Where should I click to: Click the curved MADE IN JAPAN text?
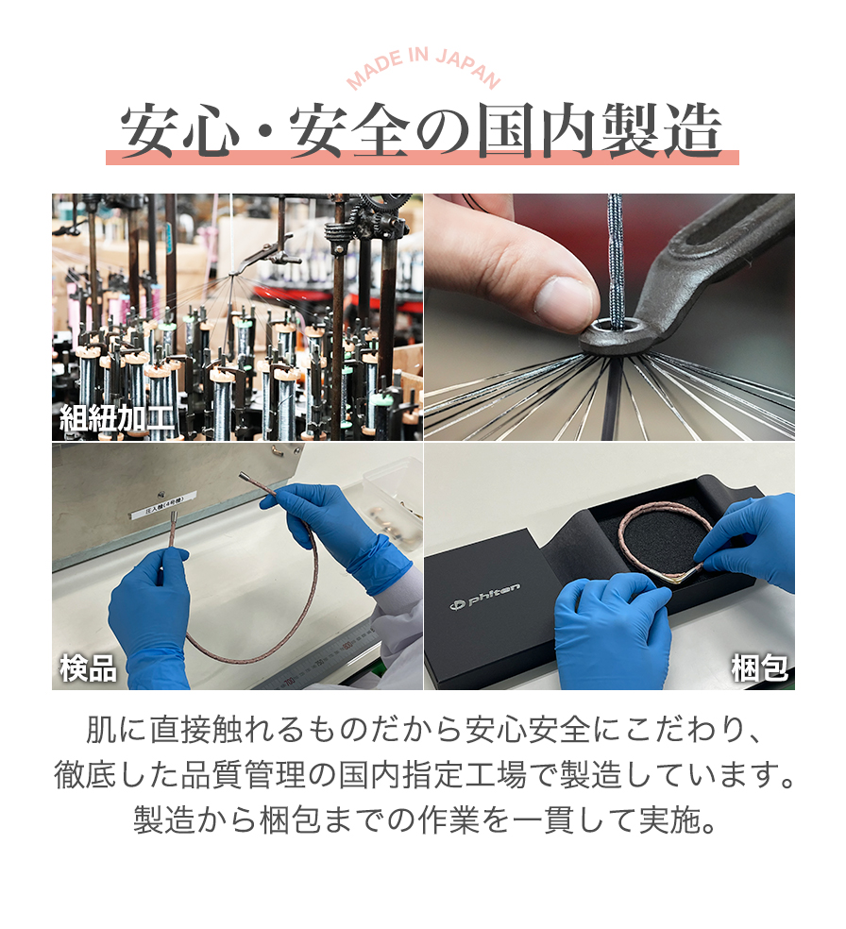423,68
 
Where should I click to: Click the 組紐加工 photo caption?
117,417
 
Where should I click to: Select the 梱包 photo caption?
760,667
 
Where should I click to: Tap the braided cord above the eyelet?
617,255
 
